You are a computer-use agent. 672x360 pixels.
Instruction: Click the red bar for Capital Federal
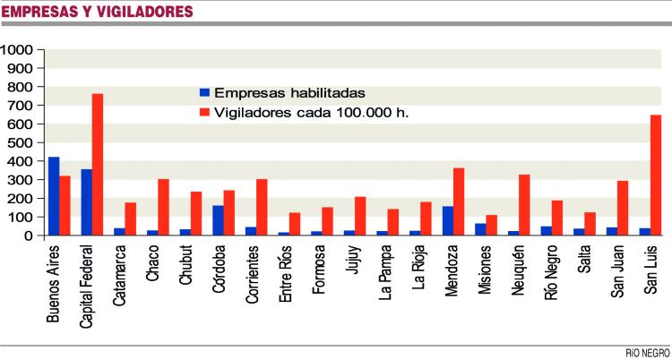(98, 165)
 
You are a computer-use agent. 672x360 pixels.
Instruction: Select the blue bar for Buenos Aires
(54, 196)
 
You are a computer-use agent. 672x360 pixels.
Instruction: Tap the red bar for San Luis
(656, 176)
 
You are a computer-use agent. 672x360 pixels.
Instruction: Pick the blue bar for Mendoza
(448, 221)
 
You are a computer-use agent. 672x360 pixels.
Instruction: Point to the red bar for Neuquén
(524, 205)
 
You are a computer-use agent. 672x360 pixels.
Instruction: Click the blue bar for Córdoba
(218, 220)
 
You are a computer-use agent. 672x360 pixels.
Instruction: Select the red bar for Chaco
(164, 208)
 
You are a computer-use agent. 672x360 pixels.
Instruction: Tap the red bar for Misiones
(491, 226)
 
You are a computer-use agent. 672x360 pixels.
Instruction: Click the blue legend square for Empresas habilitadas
(204, 92)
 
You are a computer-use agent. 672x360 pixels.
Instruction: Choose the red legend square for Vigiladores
(204, 113)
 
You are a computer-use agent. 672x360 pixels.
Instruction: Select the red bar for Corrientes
(262, 208)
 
